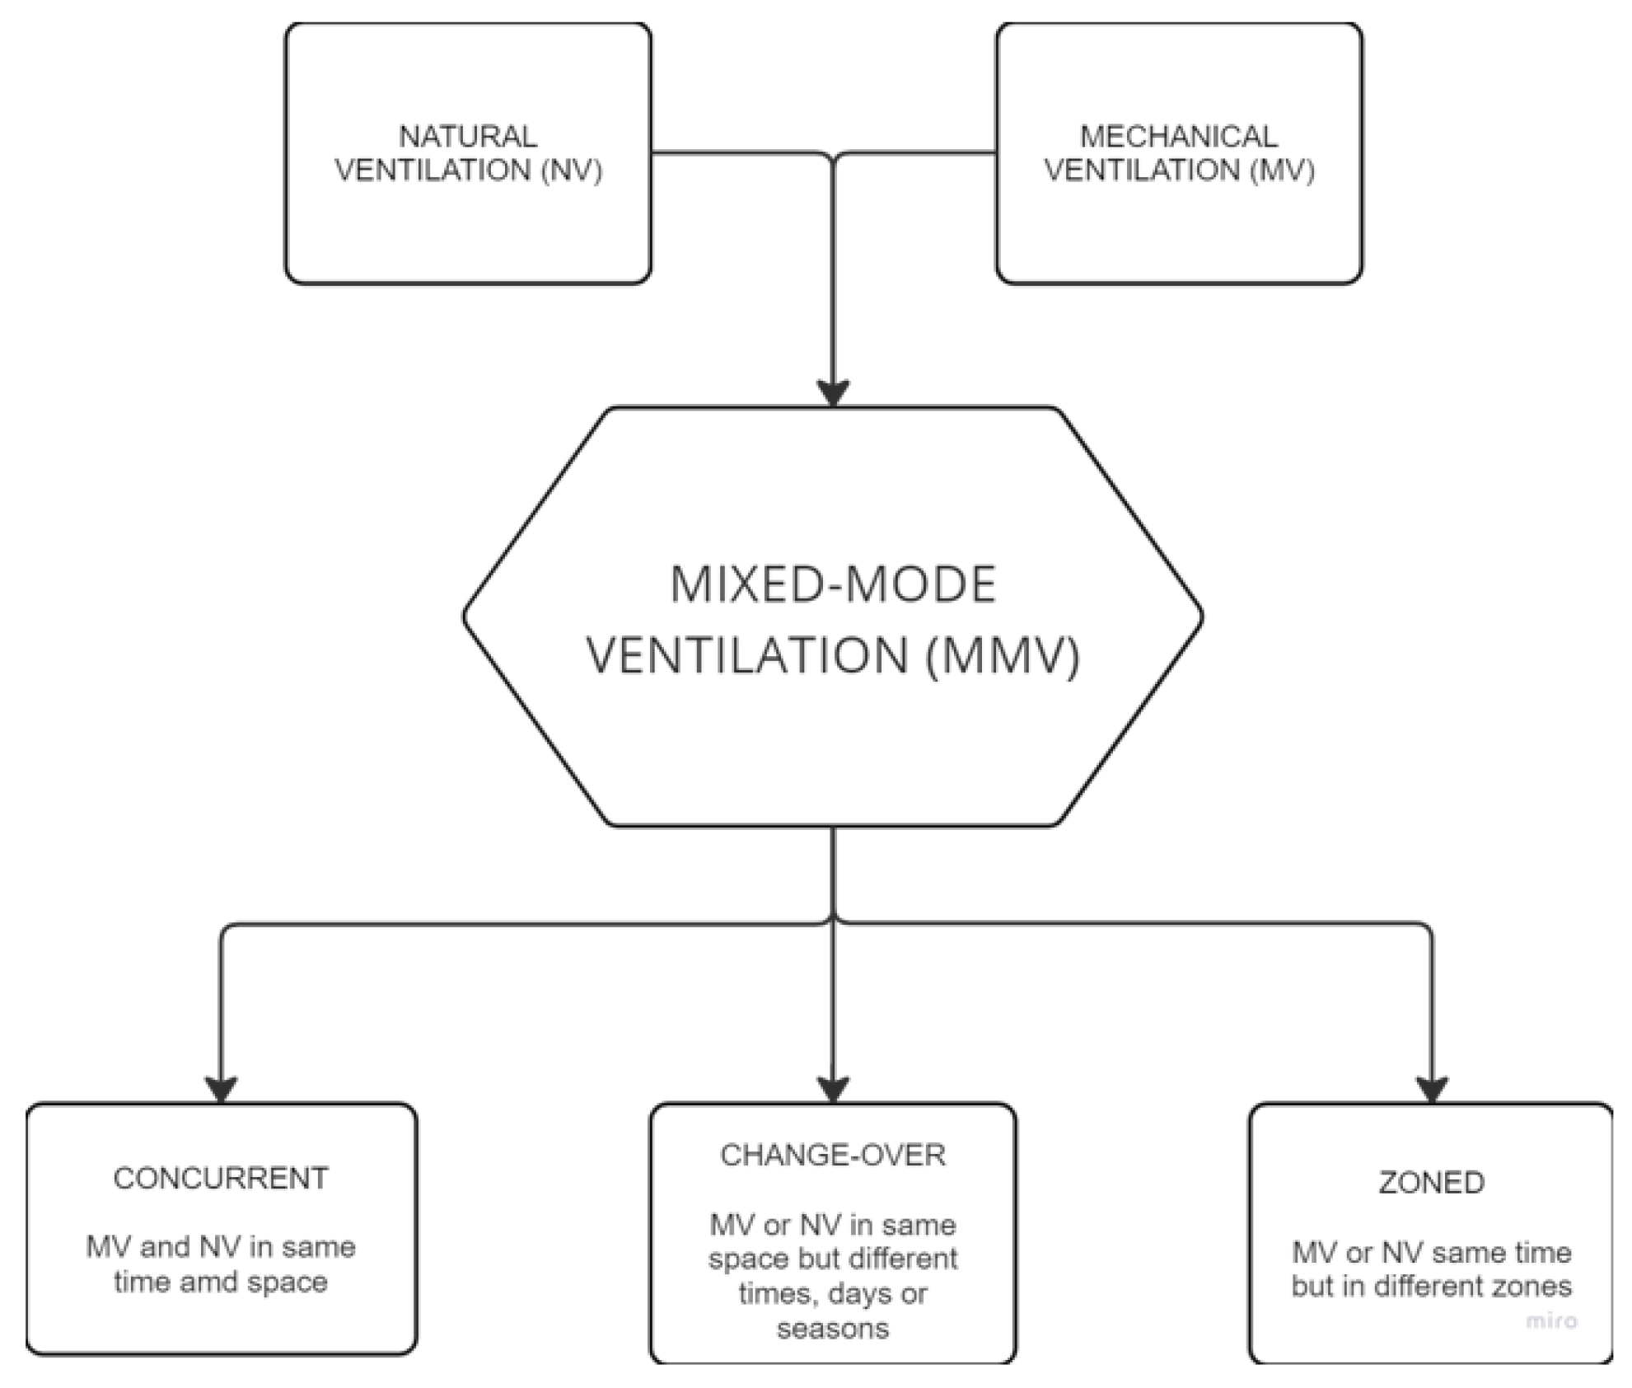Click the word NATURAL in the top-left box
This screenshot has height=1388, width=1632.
467,136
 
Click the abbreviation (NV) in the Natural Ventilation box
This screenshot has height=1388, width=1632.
572,171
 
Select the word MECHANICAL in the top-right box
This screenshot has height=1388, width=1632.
1178,136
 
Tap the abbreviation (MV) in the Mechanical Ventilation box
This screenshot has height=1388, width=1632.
1282,171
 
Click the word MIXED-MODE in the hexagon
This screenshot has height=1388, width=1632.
833,585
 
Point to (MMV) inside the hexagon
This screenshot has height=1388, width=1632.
1003,657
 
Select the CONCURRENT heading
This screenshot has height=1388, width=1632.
221,1179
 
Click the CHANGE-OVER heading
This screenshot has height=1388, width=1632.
833,1156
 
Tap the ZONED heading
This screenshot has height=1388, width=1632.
1431,1183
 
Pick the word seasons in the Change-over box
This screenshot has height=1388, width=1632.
833,1329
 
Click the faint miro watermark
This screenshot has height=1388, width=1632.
1551,1321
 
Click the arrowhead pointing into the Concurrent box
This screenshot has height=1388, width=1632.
221,1089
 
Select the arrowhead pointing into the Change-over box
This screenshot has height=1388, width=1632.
833,1089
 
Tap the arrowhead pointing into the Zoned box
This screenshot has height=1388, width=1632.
1431,1089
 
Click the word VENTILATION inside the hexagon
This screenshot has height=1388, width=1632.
747,657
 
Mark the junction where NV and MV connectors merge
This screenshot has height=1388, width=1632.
833,157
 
